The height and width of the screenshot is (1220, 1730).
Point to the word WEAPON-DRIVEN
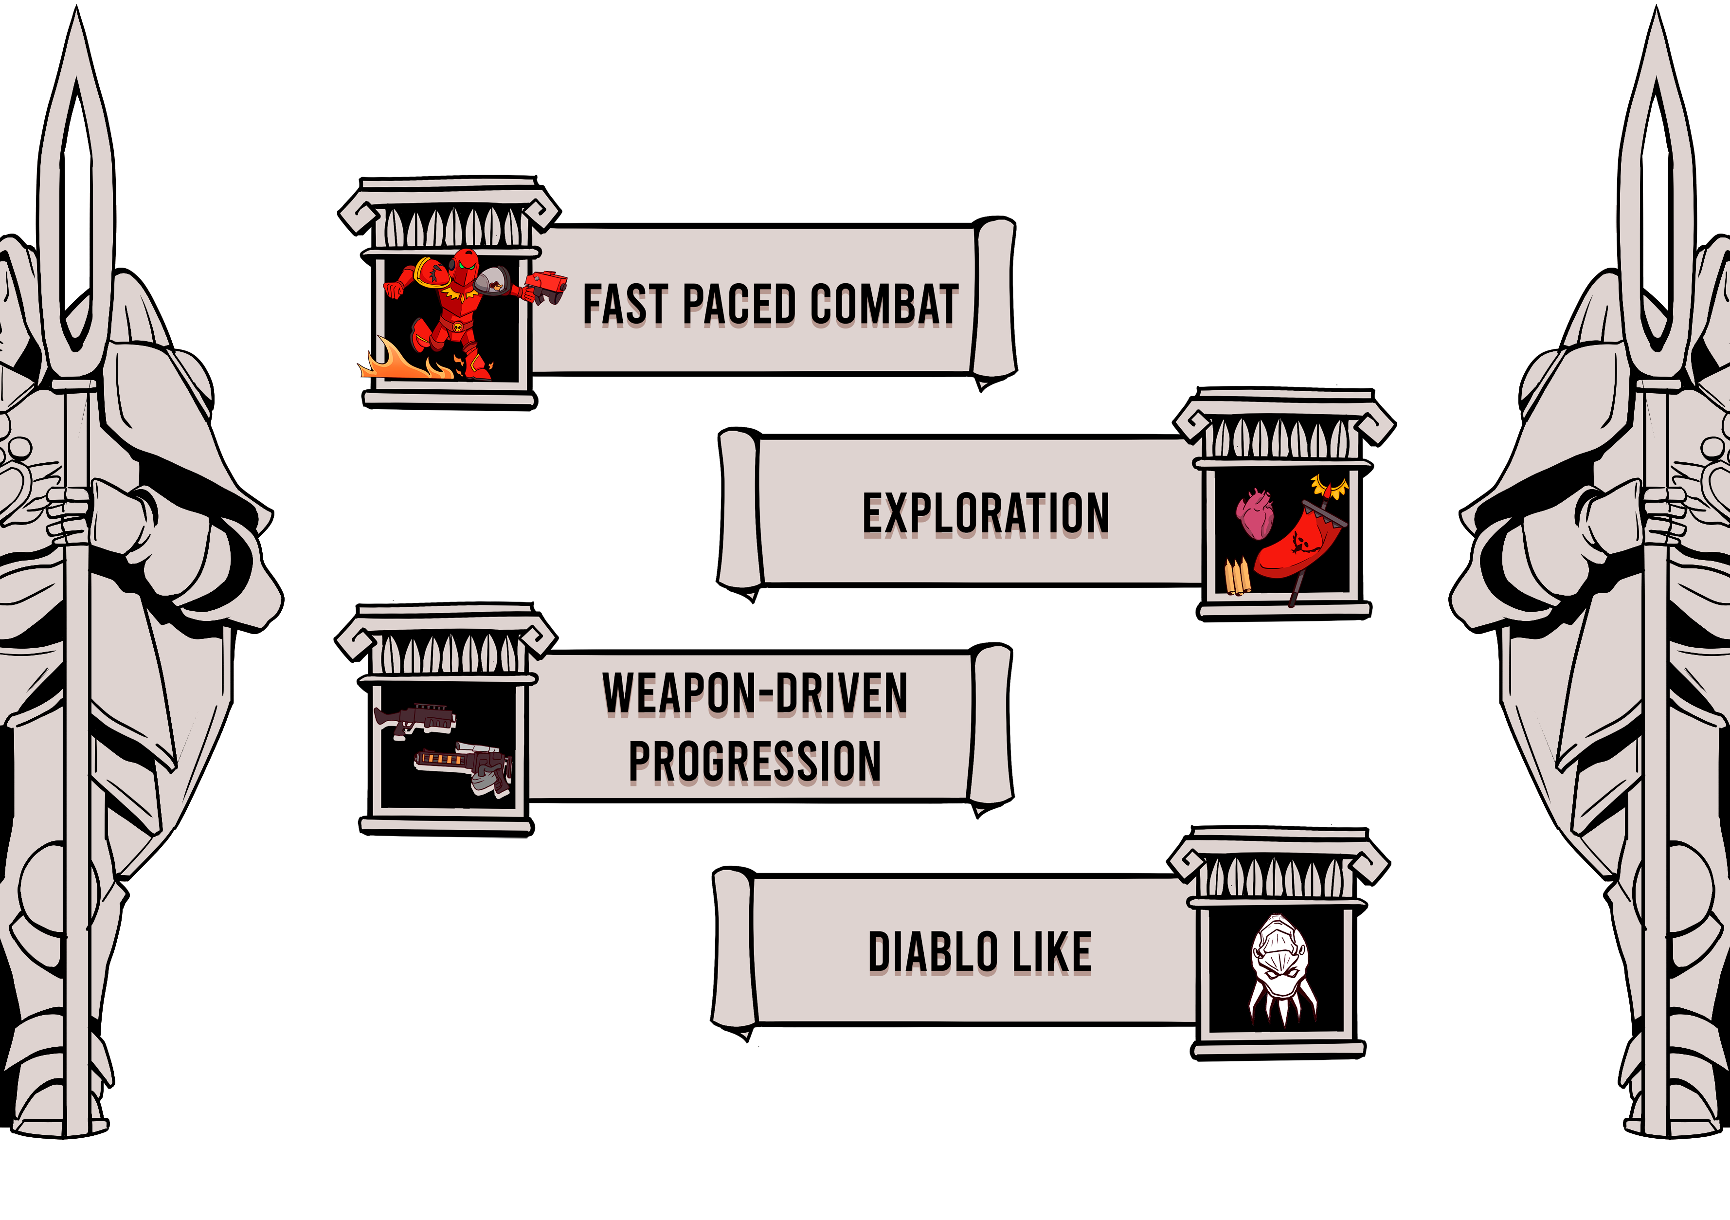(x=755, y=693)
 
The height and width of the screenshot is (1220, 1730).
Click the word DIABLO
(x=933, y=952)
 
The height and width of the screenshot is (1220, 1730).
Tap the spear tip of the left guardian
(x=76, y=45)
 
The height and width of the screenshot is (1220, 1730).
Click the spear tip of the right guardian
(x=1656, y=45)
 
